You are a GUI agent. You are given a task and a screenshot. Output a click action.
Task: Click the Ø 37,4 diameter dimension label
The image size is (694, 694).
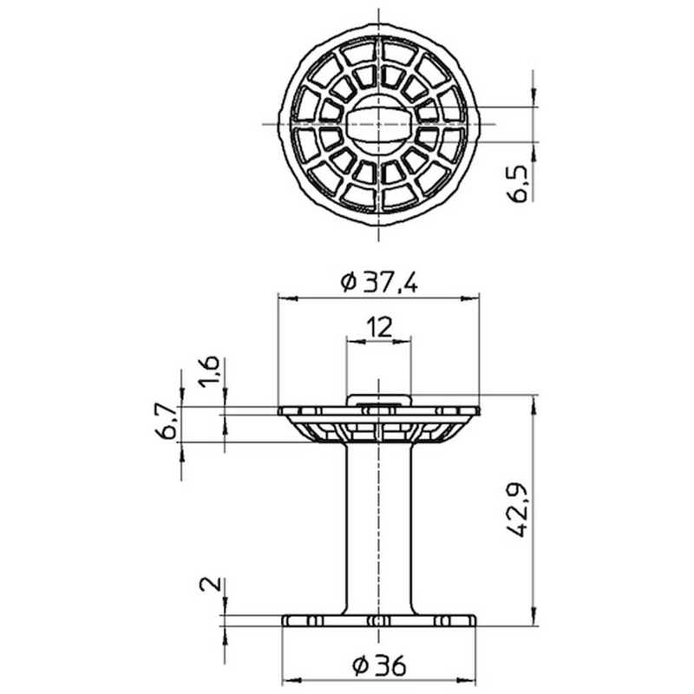[x=378, y=283]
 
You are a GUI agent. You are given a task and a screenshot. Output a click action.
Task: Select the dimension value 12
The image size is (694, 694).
[x=379, y=328]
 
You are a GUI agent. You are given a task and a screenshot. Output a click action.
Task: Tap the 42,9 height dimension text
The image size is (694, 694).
[x=517, y=509]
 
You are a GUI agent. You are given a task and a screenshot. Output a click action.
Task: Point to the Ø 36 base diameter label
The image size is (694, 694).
[x=379, y=665]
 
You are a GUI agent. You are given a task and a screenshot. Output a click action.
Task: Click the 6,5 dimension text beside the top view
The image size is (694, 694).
[x=517, y=184]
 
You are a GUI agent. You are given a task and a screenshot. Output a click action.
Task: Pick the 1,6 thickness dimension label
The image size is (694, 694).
[x=209, y=371]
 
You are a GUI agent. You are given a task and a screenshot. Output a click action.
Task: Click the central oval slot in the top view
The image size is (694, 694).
[x=378, y=124]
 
